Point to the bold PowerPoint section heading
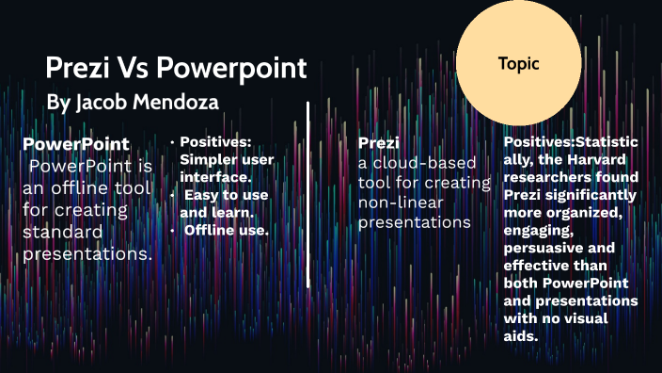(x=76, y=144)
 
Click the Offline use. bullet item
(x=226, y=230)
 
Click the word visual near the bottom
(x=587, y=318)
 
